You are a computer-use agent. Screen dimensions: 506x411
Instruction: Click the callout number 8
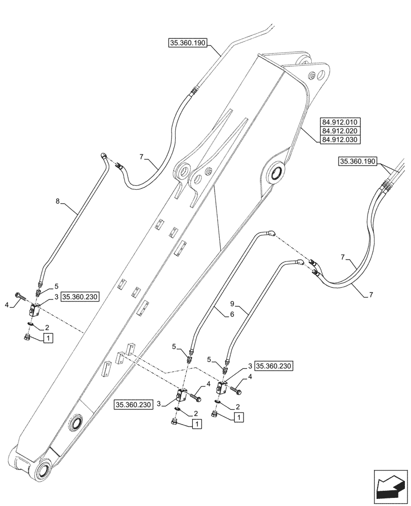tap(58, 201)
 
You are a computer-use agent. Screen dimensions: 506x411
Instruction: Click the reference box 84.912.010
tap(339, 122)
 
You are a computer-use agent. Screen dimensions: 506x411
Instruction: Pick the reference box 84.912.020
tap(339, 131)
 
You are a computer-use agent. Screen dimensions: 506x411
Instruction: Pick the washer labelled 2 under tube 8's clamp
tap(31, 325)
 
